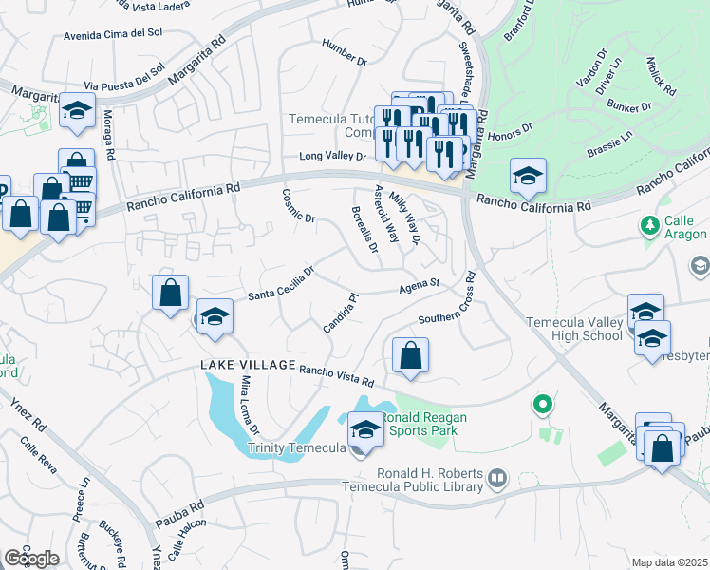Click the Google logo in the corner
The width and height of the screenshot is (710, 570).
point(31,559)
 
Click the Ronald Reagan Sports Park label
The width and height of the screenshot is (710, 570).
point(419,424)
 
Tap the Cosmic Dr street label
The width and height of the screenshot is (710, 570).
point(298,205)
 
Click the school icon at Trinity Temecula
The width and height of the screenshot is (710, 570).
point(365,430)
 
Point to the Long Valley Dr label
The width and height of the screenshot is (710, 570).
point(332,156)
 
